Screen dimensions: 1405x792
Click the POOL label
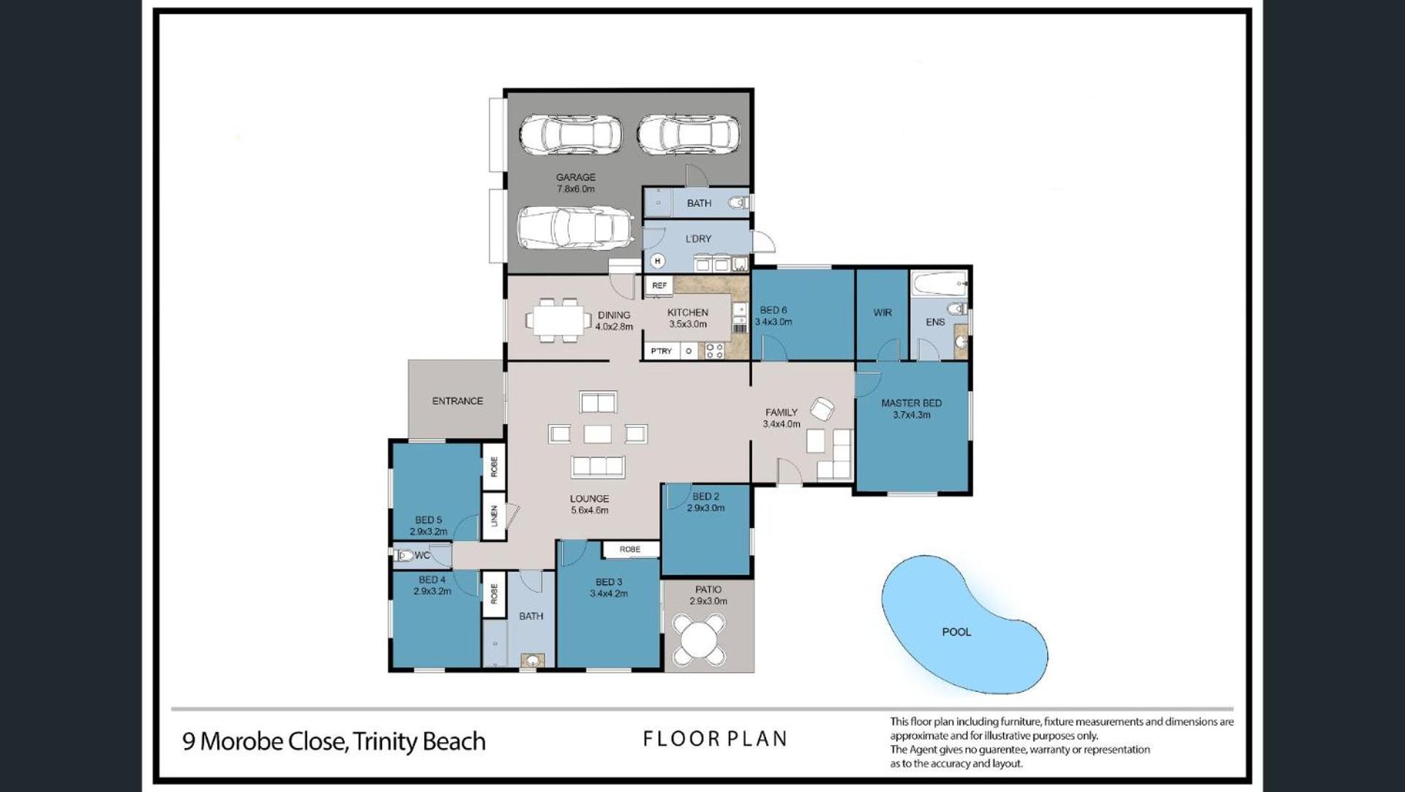[x=956, y=632]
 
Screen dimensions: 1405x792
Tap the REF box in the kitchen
[x=659, y=286]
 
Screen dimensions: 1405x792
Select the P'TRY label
[x=662, y=352]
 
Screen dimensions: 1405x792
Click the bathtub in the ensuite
[x=939, y=284]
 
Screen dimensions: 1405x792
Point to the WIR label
[x=883, y=312]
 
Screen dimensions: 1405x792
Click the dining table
[x=558, y=320]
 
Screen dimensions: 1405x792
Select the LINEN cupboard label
[x=495, y=516]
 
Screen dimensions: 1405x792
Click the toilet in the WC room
[x=405, y=556]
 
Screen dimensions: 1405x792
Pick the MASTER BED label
[x=911, y=403]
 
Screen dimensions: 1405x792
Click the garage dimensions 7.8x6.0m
[x=576, y=189]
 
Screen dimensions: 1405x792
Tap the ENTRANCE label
[x=457, y=401]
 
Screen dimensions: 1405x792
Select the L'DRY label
[x=698, y=238]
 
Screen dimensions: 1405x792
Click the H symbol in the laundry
[x=658, y=260]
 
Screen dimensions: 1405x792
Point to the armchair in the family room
[x=822, y=409]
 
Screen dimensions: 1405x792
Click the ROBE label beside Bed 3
[x=629, y=549]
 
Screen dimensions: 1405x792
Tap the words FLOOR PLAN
[x=715, y=739]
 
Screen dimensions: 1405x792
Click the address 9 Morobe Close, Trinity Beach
[x=334, y=742]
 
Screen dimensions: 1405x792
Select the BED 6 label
[x=773, y=310]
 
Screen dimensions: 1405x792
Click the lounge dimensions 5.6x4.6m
[x=590, y=510]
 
